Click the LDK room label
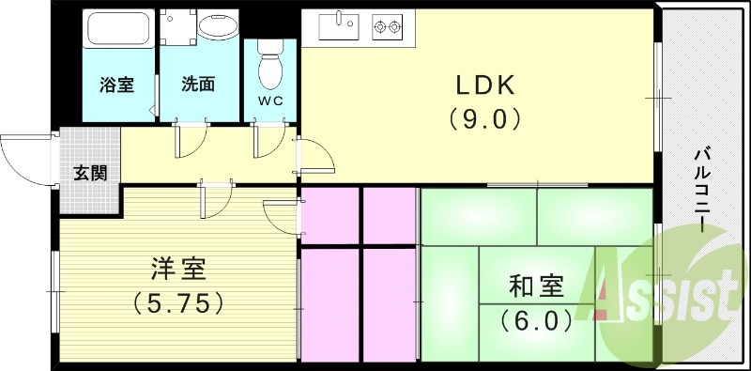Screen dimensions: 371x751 483,85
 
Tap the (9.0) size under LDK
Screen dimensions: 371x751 483,119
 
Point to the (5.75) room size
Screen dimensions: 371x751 177,302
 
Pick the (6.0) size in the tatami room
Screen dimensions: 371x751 536,319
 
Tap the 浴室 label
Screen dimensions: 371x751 116,84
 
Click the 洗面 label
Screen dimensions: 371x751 198,84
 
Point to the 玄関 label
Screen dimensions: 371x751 90,172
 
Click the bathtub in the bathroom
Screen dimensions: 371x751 119,32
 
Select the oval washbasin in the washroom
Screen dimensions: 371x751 218,27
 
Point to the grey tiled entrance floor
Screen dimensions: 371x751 90,150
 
